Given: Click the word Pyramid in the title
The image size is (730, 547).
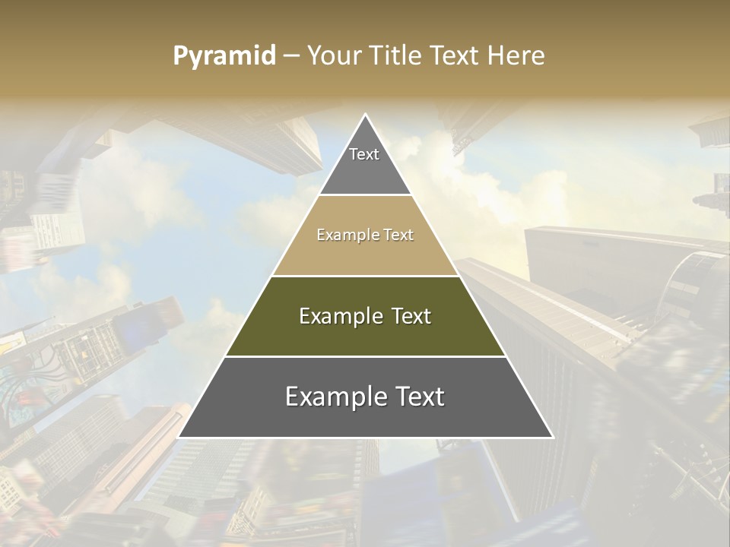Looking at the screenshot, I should coord(224,56).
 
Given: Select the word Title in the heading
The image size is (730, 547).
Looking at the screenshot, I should coord(393,55).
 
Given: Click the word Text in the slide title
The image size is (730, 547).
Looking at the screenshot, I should coord(455,55).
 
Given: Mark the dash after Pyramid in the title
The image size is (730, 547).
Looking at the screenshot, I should coord(290,56).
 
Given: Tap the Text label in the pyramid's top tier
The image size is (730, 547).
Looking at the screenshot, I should coord(364,154).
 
